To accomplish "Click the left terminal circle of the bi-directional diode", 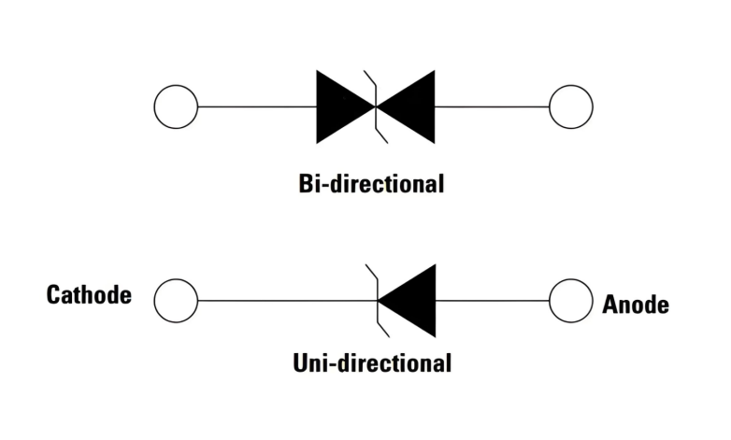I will click(175, 106).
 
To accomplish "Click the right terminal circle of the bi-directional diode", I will click(571, 106).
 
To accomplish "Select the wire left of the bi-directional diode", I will click(257, 106).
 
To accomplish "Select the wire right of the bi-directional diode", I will click(492, 106).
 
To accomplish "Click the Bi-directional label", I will click(372, 182).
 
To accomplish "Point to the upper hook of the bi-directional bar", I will click(369, 79).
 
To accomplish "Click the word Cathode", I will click(89, 296).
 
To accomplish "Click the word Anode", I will click(636, 305).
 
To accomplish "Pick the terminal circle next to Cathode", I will click(175, 301).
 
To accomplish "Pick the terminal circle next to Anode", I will click(571, 301).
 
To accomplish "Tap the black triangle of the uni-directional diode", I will click(411, 301).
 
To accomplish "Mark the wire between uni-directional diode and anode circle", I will click(492, 301).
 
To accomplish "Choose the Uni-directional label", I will click(372, 362).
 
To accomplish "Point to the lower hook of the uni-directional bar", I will click(382, 328).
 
